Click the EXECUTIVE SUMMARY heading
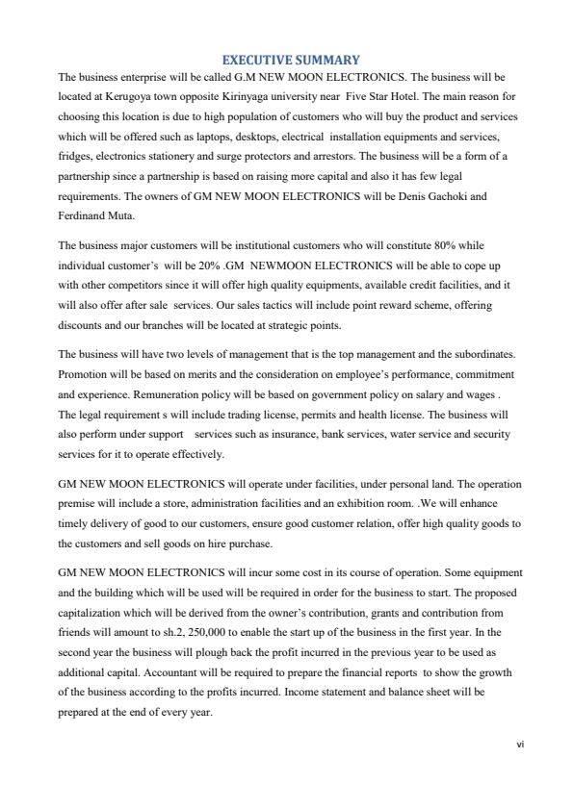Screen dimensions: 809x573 click(286, 60)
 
